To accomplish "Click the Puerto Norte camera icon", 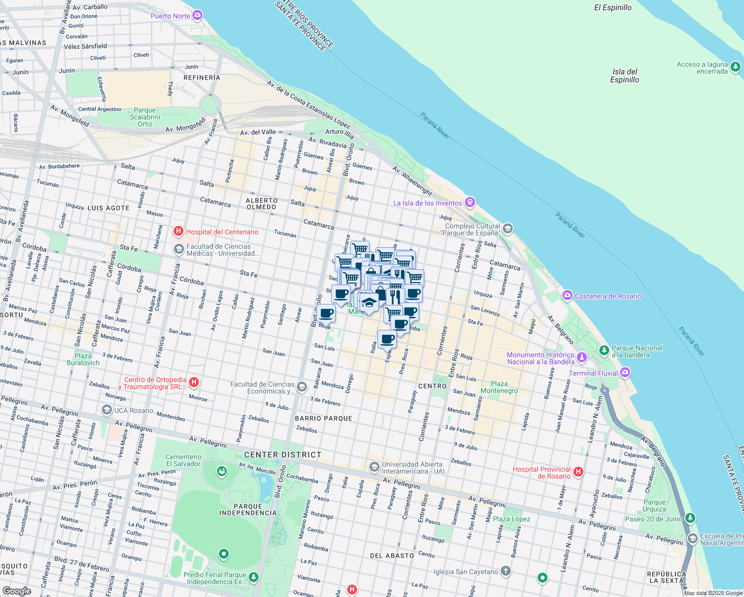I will pyautogui.click(x=197, y=15).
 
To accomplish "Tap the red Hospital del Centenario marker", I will pyautogui.click(x=178, y=231).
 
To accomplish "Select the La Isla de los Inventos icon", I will pyautogui.click(x=470, y=202).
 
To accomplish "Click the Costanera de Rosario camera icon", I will pyautogui.click(x=567, y=296).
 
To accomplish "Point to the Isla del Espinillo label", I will pyautogui.click(x=625, y=76).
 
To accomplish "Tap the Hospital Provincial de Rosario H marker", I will pyautogui.click(x=578, y=472).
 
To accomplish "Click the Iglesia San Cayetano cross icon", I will pyautogui.click(x=506, y=571).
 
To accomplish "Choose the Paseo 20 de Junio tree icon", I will pyautogui.click(x=690, y=518).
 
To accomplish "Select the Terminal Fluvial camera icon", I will pyautogui.click(x=626, y=373).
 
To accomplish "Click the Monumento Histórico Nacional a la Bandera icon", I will pyautogui.click(x=582, y=358).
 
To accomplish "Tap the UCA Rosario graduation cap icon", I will pyautogui.click(x=106, y=410).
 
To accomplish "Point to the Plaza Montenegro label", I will pyautogui.click(x=499, y=387).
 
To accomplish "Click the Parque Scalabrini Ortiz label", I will pyautogui.click(x=145, y=117).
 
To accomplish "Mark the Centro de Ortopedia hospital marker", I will pyautogui.click(x=194, y=382).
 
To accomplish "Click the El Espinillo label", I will pyautogui.click(x=613, y=7).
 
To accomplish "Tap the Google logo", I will pyautogui.click(x=16, y=591).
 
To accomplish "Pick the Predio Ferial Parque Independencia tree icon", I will pyautogui.click(x=254, y=577).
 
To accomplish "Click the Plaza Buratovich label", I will pyautogui.click(x=83, y=359).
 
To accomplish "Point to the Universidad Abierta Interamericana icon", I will pyautogui.click(x=374, y=467).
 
